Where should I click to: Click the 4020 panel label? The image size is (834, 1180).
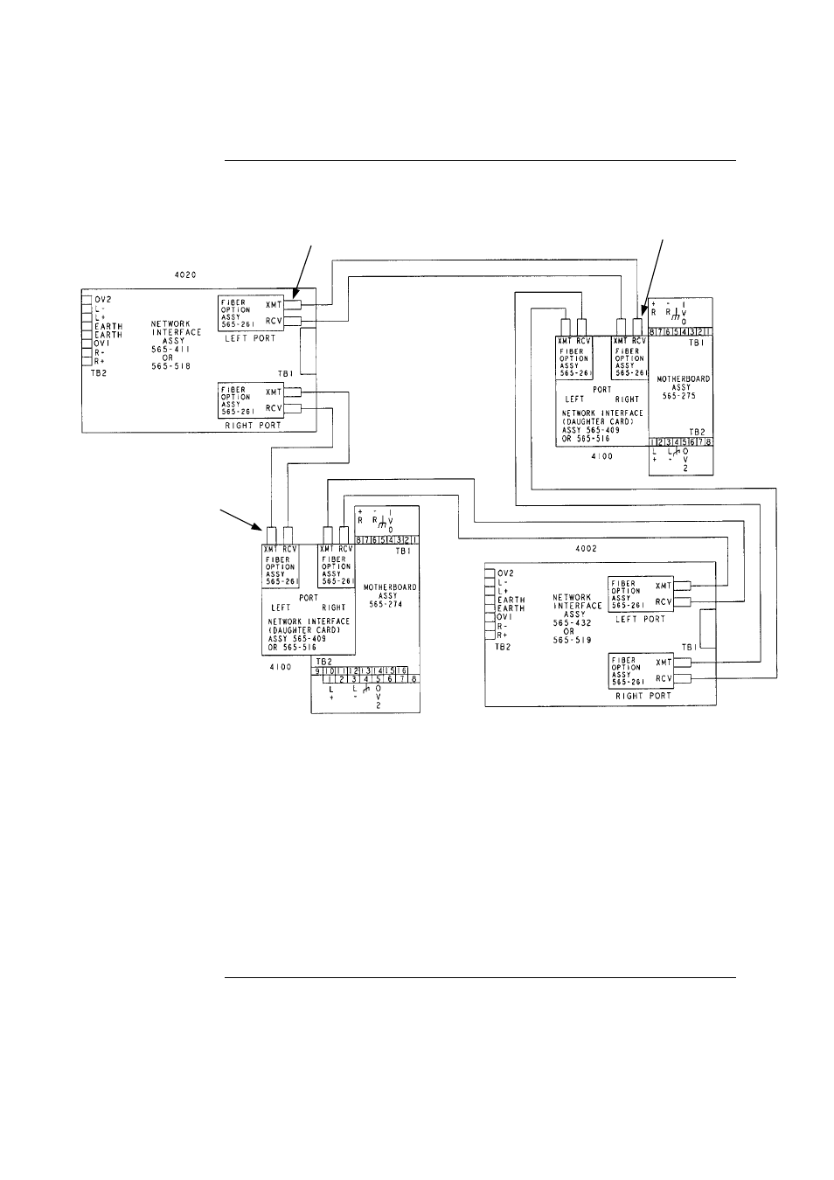[x=185, y=274]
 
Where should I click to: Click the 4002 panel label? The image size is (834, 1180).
[x=586, y=549]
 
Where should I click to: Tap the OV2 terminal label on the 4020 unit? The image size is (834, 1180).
[x=103, y=299]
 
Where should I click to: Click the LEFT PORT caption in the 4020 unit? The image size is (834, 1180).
[x=250, y=338]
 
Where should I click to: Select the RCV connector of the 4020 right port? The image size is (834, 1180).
[x=294, y=408]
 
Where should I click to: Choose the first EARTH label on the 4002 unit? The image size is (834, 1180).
[x=512, y=600]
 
